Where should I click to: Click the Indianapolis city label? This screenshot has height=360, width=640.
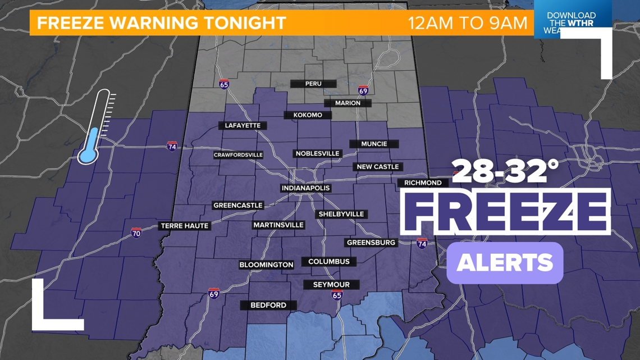coord(305,188)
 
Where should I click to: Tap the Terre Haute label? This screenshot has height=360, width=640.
coord(185,226)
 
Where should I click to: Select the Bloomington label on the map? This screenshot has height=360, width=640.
coord(266,265)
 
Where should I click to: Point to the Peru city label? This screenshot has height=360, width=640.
coord(313,84)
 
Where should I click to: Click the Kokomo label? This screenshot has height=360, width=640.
coord(308,115)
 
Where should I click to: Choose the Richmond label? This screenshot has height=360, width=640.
coord(423,183)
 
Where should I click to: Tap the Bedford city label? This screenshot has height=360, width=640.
coord(268,306)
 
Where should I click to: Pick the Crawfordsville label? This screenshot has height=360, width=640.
coord(238,155)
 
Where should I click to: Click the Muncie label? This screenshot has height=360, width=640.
coord(374,144)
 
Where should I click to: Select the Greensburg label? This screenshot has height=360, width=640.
coord(371,243)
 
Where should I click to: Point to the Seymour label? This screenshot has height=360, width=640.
coord(331,285)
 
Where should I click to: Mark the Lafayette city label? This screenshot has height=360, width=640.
coord(243,126)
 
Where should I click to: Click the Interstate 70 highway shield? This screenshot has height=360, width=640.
coord(136,233)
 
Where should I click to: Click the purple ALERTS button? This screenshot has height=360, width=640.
coord(505,263)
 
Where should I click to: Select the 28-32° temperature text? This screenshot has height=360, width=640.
coord(505,171)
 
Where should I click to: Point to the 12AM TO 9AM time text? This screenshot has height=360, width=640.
coord(467,23)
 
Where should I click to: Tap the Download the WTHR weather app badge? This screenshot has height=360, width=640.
coord(571,24)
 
